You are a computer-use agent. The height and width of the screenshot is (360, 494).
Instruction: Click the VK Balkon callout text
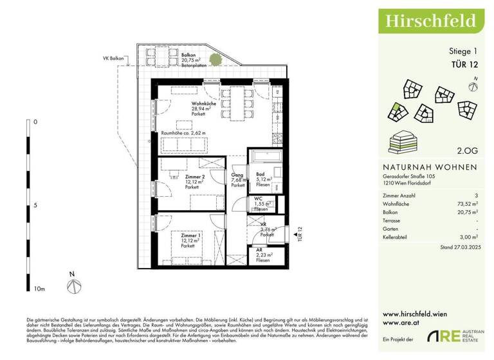click(x=113, y=59)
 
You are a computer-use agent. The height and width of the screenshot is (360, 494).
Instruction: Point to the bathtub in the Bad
click(x=264, y=157)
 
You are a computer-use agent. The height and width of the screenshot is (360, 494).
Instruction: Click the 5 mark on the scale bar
click(x=35, y=206)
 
